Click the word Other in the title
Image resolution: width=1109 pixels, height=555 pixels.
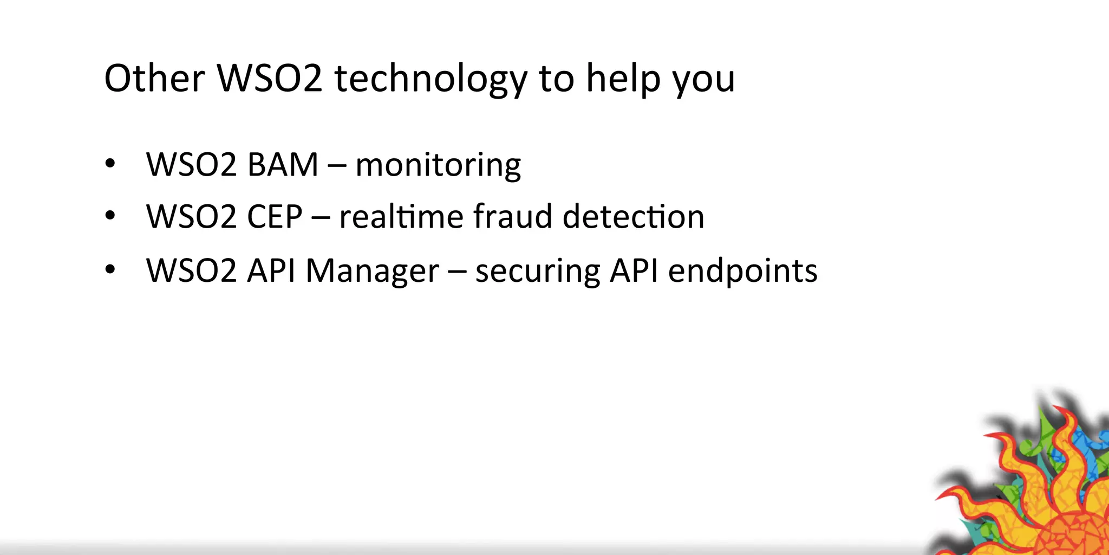(x=154, y=79)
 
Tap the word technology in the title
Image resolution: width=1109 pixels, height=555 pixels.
(x=430, y=80)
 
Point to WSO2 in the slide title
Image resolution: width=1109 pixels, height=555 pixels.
(x=270, y=79)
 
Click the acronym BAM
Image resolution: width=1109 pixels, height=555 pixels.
(x=282, y=165)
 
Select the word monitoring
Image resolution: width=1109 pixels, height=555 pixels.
(x=438, y=166)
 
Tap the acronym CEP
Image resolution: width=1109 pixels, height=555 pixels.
(x=274, y=217)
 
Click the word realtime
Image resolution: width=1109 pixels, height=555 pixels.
(x=401, y=217)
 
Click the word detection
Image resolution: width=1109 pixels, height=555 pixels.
(x=634, y=217)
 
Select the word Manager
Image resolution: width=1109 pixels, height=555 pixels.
(x=372, y=271)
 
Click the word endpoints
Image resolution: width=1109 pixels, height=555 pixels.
(x=742, y=271)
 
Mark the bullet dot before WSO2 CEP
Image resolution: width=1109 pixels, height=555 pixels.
(x=110, y=216)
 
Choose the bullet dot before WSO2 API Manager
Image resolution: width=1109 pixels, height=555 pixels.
(x=110, y=269)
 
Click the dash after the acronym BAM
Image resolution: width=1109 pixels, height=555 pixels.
(x=337, y=166)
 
